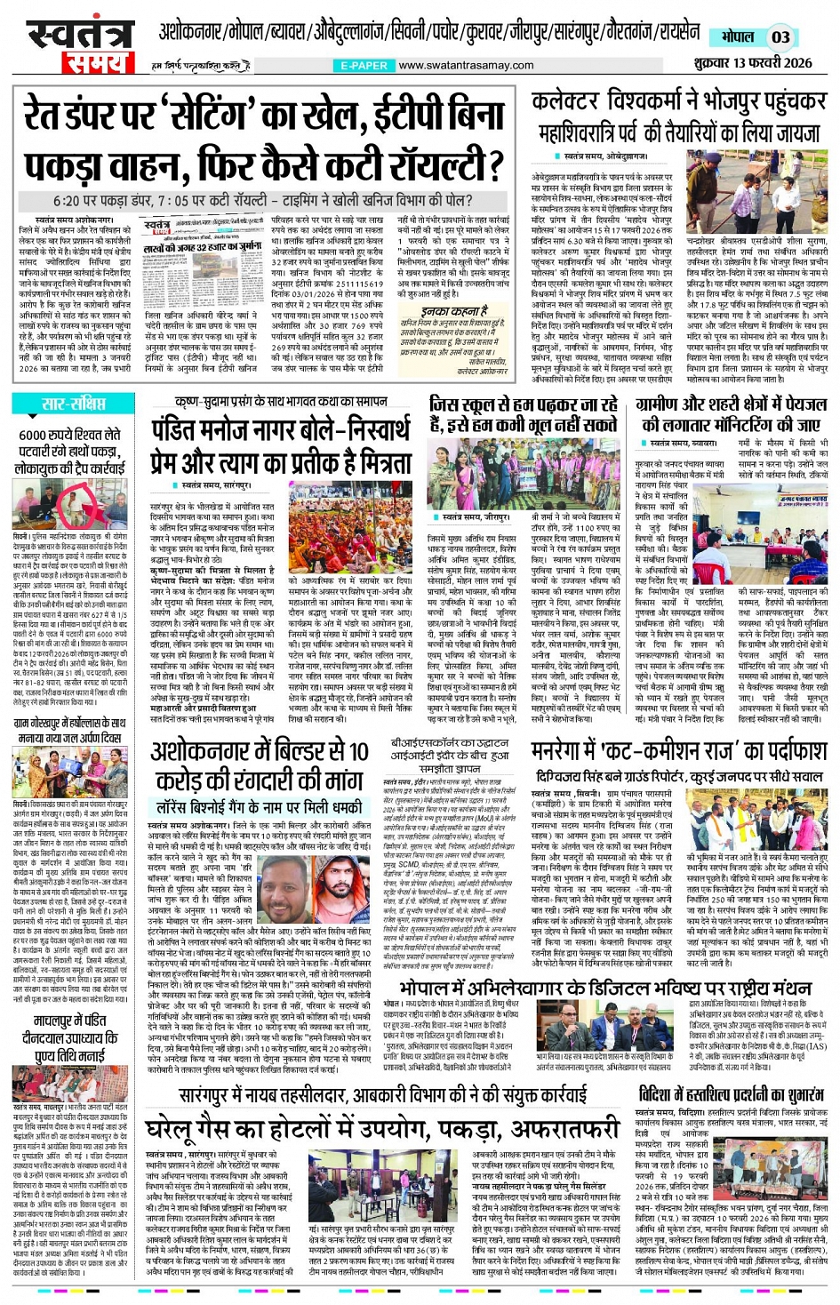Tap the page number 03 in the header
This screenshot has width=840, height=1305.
pyautogui.click(x=780, y=37)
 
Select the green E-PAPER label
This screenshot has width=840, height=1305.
pyautogui.click(x=364, y=66)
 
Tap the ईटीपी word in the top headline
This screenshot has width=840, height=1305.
pyautogui.click(x=400, y=116)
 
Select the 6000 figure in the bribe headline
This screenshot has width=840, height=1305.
pyautogui.click(x=37, y=436)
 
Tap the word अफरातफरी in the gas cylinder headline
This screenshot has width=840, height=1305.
pyautogui.click(x=559, y=1129)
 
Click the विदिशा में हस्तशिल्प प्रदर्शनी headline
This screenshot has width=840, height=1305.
pyautogui.click(x=731, y=1094)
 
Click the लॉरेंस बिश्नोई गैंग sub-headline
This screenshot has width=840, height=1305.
pyautogui.click(x=260, y=807)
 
